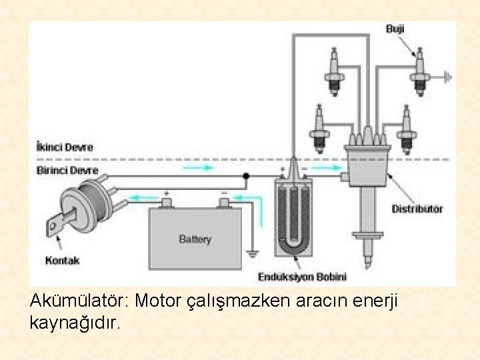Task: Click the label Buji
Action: (x=395, y=29)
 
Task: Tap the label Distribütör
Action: (x=417, y=209)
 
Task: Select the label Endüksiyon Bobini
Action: (x=302, y=276)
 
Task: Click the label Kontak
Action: (x=62, y=260)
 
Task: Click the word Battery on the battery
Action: (x=195, y=239)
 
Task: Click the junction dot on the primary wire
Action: (x=246, y=177)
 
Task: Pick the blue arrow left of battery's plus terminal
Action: (x=143, y=197)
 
